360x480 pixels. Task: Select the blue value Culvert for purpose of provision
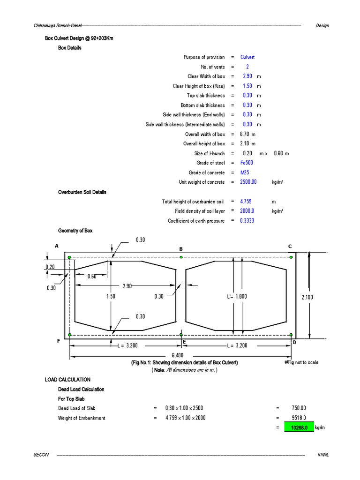coord(247,57)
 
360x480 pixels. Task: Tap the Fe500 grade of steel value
coord(247,163)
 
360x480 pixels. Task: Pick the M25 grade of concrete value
coord(245,172)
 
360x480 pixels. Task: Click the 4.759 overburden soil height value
coord(247,202)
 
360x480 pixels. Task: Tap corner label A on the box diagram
coord(57,246)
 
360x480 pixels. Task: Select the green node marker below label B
coord(181,257)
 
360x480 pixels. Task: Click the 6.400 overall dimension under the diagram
coord(177,355)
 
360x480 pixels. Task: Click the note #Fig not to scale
coord(301,363)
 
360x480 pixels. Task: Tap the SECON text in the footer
coord(40,455)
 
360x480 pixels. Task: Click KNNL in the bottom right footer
coord(323,455)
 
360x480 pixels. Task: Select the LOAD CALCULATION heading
coord(67,380)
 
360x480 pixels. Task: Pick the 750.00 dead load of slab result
coord(299,408)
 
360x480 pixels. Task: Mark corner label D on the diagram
coord(294,343)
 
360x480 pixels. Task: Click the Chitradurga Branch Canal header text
coord(54,25)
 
